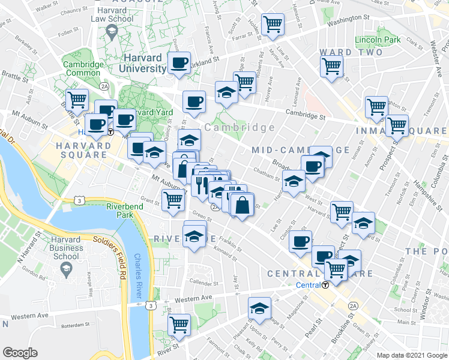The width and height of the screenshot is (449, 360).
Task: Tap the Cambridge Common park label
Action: point(83,68)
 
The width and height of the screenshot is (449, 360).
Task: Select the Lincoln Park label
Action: point(377,40)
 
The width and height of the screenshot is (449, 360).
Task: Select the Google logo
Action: point(20,353)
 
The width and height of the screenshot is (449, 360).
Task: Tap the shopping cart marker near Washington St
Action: point(273,25)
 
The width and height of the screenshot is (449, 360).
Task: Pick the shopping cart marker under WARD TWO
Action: point(331,67)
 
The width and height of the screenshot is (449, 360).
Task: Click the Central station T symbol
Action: point(325,285)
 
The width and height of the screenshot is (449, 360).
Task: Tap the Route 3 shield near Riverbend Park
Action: point(78,199)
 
